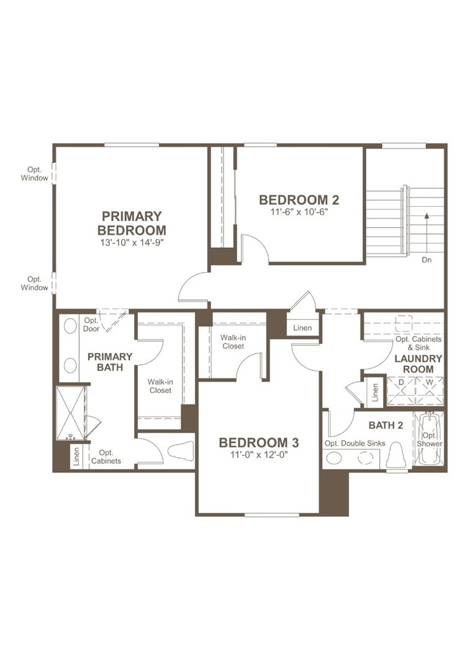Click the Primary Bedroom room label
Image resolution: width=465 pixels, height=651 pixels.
point(132,223)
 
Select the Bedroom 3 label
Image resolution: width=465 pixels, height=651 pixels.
point(259,443)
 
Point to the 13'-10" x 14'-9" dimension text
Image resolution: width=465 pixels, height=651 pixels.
point(132,242)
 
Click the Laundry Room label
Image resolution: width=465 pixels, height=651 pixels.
point(418,364)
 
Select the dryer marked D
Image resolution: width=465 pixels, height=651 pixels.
point(400,383)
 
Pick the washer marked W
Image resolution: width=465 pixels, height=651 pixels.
point(429,383)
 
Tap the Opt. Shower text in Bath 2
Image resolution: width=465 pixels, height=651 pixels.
point(429,439)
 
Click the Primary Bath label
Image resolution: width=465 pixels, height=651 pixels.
point(110,362)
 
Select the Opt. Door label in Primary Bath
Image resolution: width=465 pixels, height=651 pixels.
point(91,324)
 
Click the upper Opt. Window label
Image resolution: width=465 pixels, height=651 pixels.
point(34,173)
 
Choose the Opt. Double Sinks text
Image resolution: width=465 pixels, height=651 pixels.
point(354,444)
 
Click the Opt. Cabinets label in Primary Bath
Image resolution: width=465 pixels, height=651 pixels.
point(106,457)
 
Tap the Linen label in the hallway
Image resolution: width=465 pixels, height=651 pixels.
point(302,328)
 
